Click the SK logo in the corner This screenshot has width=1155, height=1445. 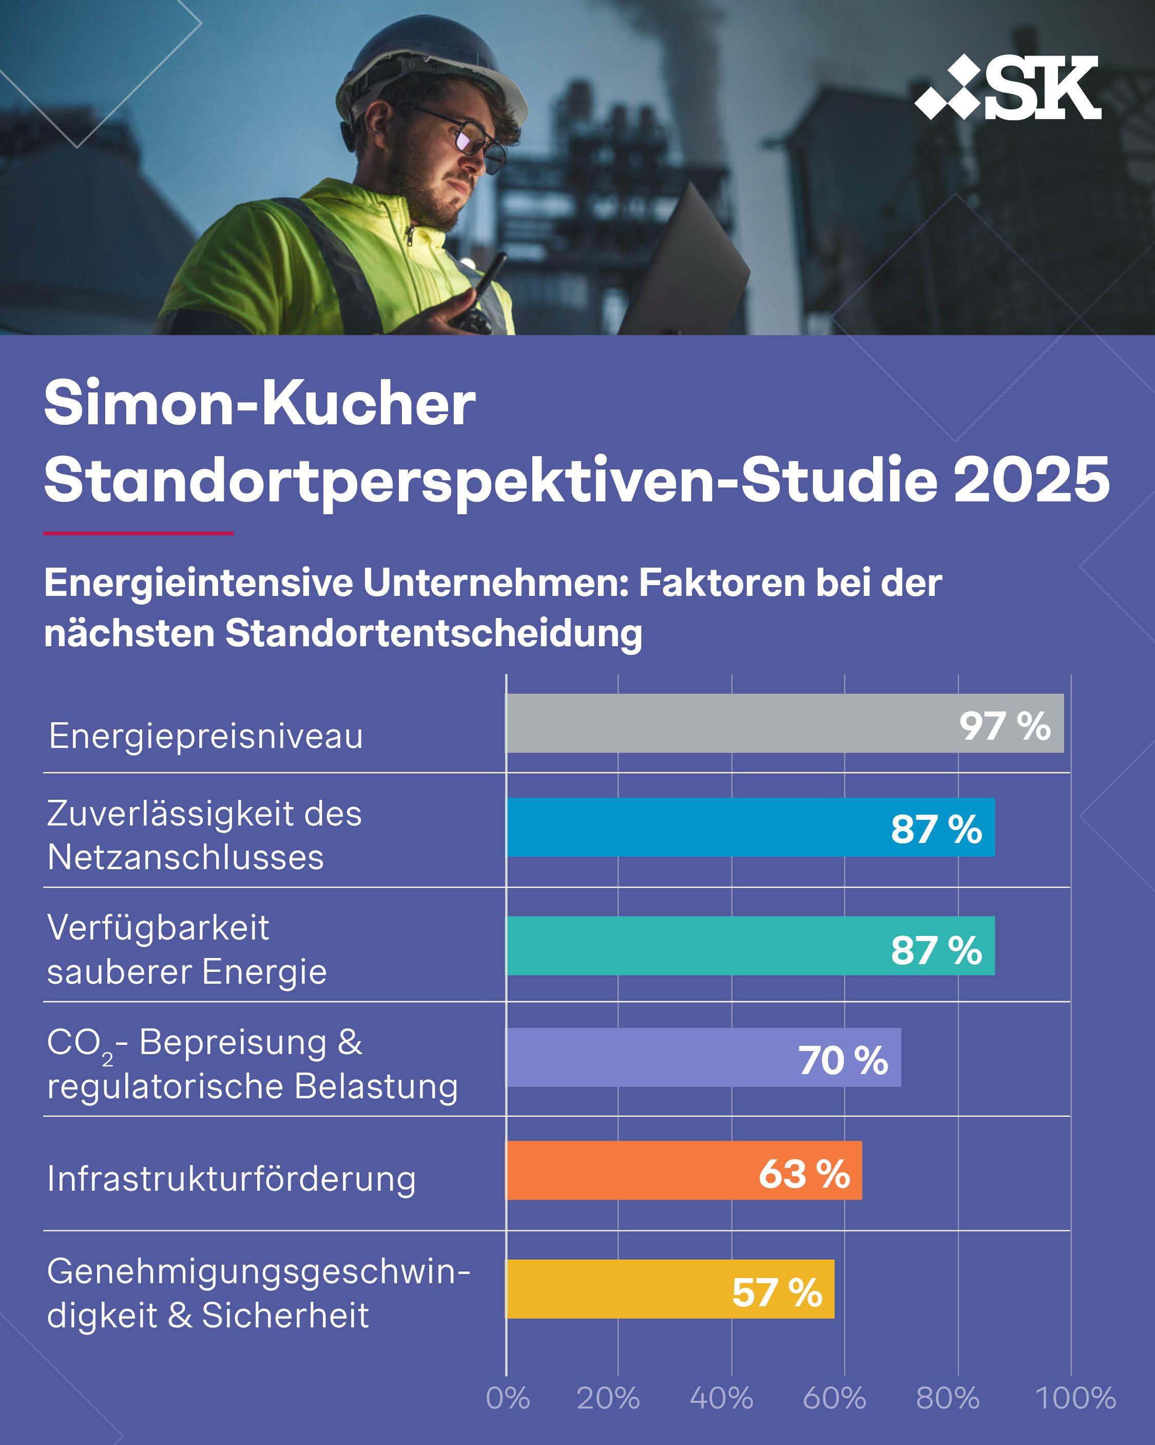coord(1008,87)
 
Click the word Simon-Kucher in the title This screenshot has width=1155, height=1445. coord(259,403)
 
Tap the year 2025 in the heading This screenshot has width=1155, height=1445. coord(1031,480)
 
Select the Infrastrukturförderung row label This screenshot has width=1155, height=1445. coord(231,1179)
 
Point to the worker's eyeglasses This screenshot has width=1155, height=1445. coord(469,137)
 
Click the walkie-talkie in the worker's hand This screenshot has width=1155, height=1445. coord(478,298)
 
